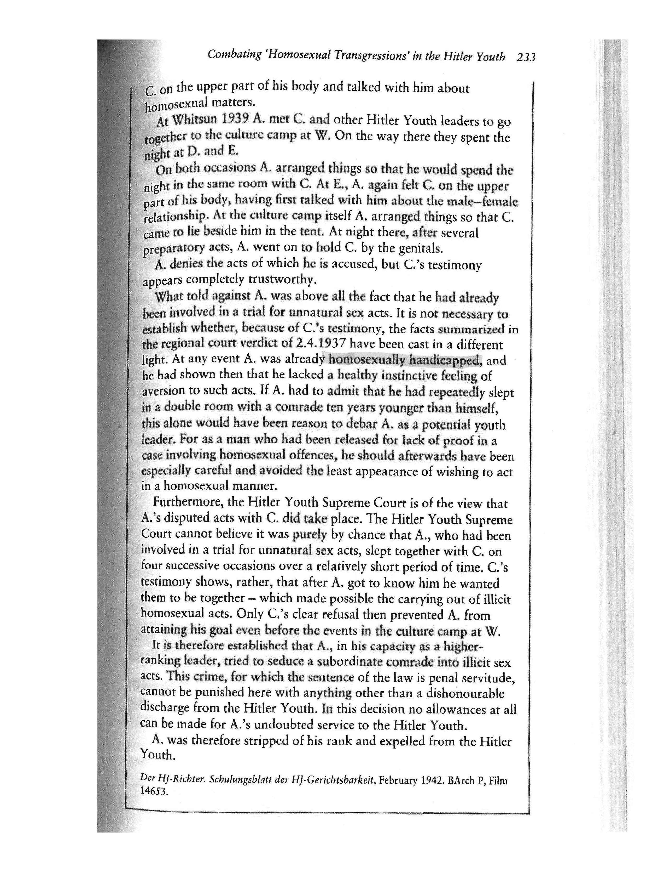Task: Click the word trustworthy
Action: tap(282, 279)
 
